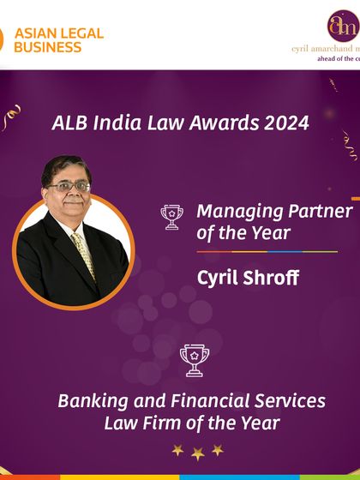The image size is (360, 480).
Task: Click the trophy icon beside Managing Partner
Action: (172, 218)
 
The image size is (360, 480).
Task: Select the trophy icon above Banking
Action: (195, 360)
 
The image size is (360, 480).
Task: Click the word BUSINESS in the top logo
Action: (50, 47)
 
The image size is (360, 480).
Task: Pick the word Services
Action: (285, 400)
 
